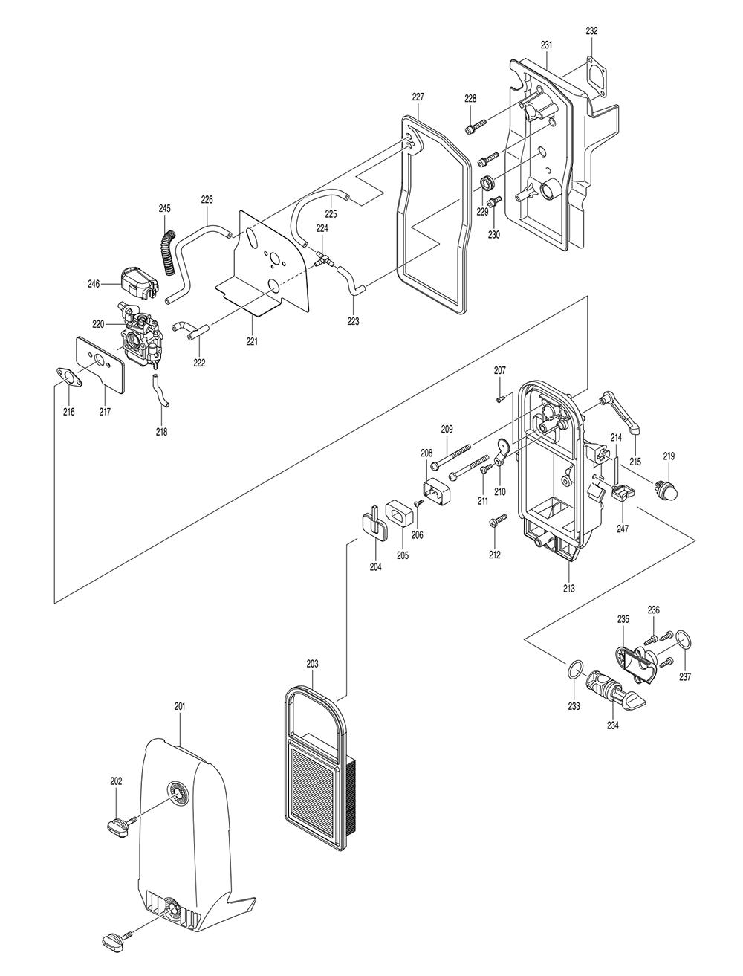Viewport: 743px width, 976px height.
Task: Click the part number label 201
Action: [x=179, y=706]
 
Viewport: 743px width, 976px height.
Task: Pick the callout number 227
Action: [x=418, y=97]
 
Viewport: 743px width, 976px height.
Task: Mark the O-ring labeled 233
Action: [x=574, y=670]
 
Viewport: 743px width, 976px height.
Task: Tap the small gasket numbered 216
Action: [x=69, y=378]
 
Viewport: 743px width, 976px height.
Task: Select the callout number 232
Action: [x=591, y=30]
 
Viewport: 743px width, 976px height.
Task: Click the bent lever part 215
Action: [x=623, y=413]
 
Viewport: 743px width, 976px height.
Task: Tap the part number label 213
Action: [x=569, y=588]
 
